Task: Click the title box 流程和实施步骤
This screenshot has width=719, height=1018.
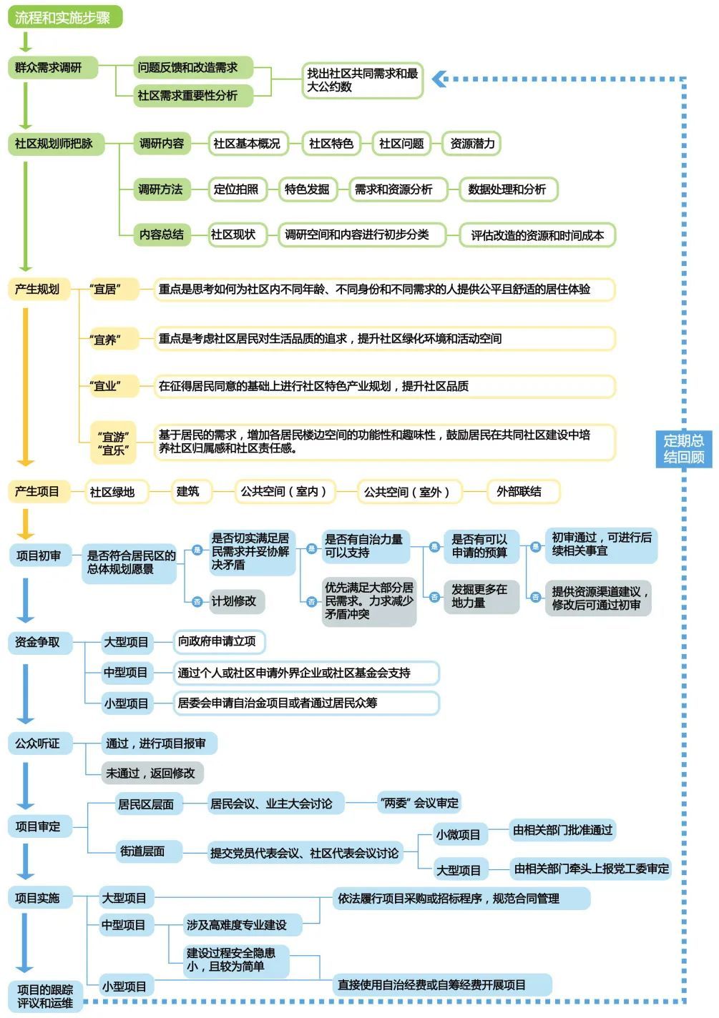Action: tap(64, 17)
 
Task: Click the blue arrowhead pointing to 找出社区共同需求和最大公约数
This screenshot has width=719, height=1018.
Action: tap(439, 79)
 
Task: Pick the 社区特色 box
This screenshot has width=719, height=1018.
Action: tap(331, 144)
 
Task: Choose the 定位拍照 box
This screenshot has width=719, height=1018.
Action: tap(236, 189)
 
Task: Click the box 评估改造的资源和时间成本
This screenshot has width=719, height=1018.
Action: tap(537, 235)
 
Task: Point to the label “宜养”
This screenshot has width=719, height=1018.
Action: tap(105, 340)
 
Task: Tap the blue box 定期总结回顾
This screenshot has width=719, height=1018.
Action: tap(683, 449)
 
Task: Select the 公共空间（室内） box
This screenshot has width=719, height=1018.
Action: tap(284, 492)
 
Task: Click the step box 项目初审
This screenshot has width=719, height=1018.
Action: tap(39, 555)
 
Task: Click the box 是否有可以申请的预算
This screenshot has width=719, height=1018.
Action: tap(480, 546)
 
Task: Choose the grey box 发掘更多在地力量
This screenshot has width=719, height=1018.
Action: tap(480, 596)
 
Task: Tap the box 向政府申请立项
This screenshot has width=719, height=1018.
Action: tap(217, 642)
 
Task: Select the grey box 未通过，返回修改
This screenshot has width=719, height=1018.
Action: tap(152, 773)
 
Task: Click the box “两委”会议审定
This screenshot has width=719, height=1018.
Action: tap(419, 804)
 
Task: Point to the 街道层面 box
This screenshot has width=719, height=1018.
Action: tap(143, 851)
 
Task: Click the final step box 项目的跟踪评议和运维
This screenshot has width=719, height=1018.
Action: tap(46, 996)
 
